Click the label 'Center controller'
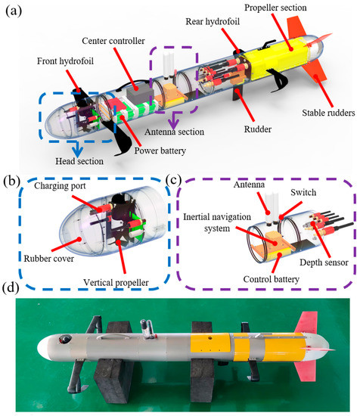113,41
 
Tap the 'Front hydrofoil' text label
65,61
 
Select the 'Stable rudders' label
328,113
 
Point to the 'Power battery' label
160,151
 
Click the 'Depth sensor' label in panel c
324,262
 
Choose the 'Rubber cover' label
49,259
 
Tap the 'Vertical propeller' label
116,283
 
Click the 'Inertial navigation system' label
217,222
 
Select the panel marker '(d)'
11,288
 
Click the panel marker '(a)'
14,11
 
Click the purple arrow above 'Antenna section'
174,121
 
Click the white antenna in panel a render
169,64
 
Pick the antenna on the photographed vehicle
147,328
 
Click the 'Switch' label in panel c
303,192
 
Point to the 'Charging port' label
60,186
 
